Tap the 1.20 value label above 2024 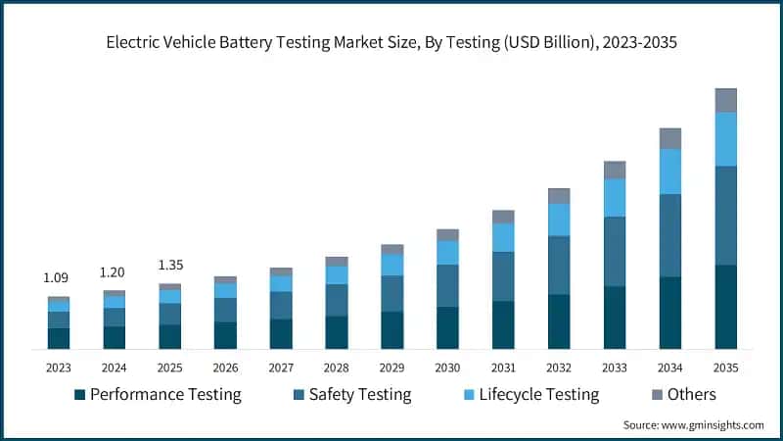pyautogui.click(x=114, y=272)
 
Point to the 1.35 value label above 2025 pyautogui.click(x=169, y=265)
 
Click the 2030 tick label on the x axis pyautogui.click(x=447, y=367)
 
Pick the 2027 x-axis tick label pyautogui.click(x=281, y=367)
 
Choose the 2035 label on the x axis pyautogui.click(x=725, y=367)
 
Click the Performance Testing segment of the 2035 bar pyautogui.click(x=725, y=307)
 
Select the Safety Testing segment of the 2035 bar pyautogui.click(x=725, y=216)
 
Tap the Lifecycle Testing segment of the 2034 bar pyautogui.click(x=669, y=171)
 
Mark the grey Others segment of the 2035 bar pyautogui.click(x=725, y=100)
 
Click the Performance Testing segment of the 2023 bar pyautogui.click(x=58, y=338)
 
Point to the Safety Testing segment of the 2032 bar pyautogui.click(x=559, y=265)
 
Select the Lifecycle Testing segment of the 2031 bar pyautogui.click(x=503, y=237)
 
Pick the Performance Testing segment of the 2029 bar pyautogui.click(x=391, y=330)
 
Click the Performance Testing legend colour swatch pyautogui.click(x=79, y=395)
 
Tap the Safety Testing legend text pyautogui.click(x=359, y=395)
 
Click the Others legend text pyautogui.click(x=691, y=395)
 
